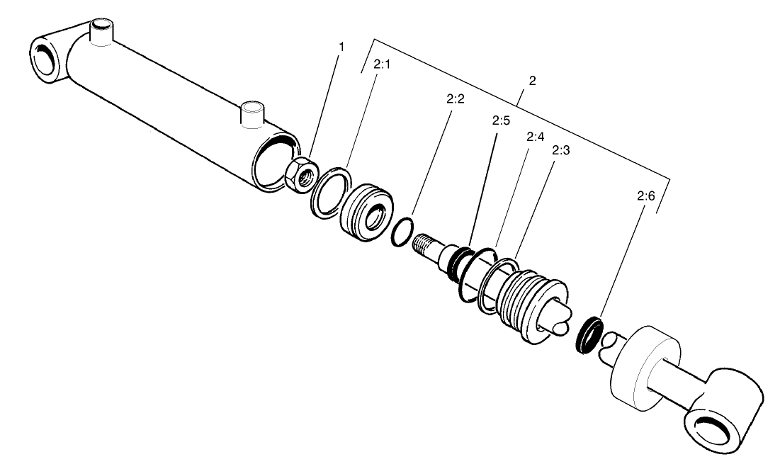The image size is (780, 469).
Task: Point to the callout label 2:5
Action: click(501, 120)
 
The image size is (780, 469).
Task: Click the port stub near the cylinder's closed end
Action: click(101, 33)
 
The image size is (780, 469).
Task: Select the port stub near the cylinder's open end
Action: click(251, 113)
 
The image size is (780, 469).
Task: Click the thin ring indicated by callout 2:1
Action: click(330, 191)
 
